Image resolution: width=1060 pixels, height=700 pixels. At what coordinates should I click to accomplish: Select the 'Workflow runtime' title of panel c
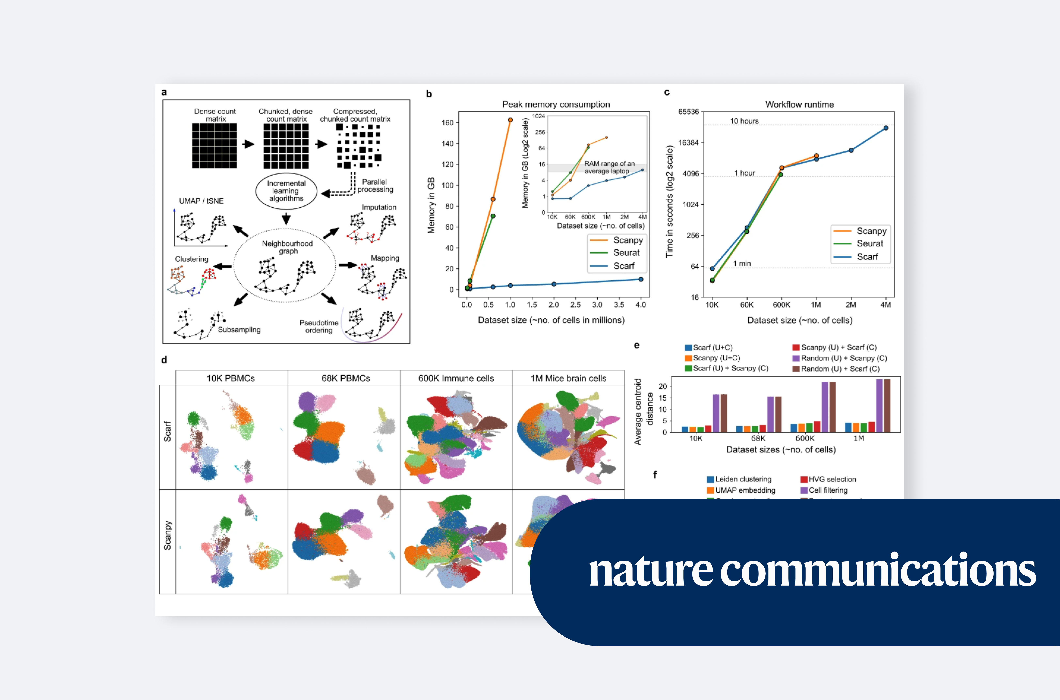coord(799,105)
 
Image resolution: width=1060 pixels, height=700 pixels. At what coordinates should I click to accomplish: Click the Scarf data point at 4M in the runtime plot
coord(885,128)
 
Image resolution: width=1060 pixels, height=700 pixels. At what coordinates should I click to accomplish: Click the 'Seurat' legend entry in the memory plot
coord(626,253)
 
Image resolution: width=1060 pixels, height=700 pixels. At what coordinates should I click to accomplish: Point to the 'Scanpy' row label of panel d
coord(167,535)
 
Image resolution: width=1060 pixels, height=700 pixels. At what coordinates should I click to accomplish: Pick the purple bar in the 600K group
coord(825,407)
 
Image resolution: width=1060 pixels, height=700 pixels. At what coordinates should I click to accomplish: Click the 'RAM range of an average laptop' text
coord(609,168)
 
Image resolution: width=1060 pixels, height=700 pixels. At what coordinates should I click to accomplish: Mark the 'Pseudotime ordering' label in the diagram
coord(319,326)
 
